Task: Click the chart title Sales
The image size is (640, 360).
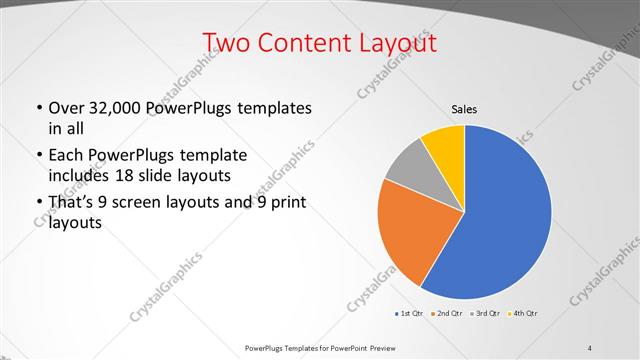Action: pyautogui.click(x=464, y=107)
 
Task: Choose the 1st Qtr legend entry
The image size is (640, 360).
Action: pyautogui.click(x=410, y=314)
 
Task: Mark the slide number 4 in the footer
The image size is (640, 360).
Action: pyautogui.click(x=590, y=347)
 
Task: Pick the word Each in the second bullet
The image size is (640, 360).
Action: pyautogui.click(x=66, y=156)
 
